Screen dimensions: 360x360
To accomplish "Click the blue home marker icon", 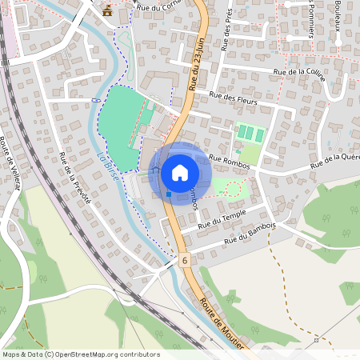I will coord(180,172).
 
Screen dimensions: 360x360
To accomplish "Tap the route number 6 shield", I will coord(185,261).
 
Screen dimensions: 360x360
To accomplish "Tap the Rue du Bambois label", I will coord(250,234).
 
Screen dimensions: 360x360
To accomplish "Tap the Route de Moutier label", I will coord(221,322).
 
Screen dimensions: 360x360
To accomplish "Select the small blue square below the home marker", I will coord(169,194).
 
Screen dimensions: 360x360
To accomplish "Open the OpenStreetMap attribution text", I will coord(81,354).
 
